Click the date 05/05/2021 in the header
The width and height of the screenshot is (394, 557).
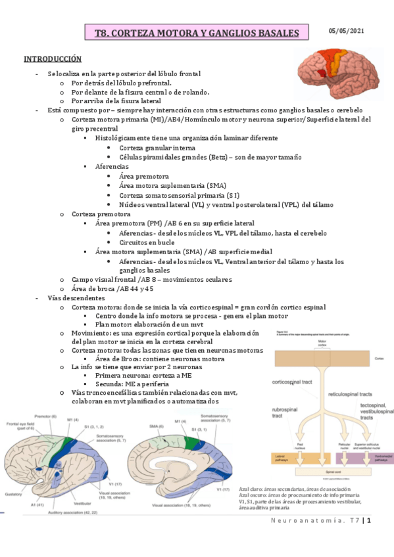click(x=347, y=31)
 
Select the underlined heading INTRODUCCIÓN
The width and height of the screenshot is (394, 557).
click(x=53, y=60)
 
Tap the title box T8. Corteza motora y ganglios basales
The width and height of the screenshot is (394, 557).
click(x=197, y=33)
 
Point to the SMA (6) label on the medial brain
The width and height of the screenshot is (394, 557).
click(x=155, y=426)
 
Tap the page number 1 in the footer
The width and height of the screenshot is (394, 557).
click(x=370, y=522)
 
